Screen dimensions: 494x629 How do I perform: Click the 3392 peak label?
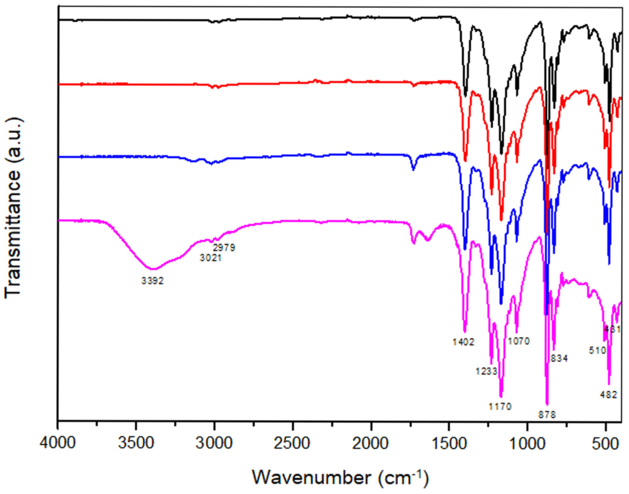[x=153, y=280]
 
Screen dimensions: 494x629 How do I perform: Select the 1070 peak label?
[x=519, y=341]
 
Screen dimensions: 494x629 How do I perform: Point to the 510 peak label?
[x=597, y=351]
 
